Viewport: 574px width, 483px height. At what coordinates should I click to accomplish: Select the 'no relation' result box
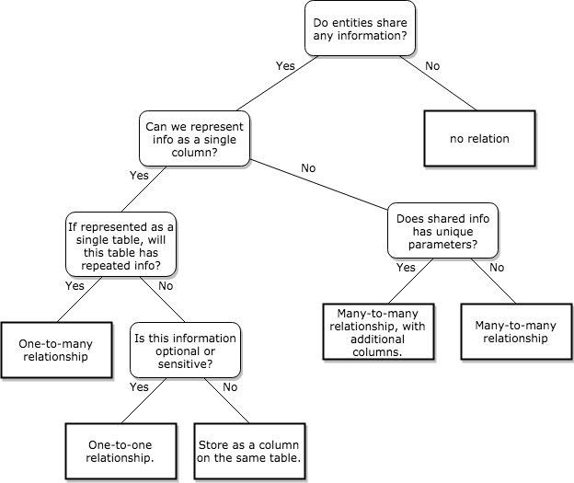coord(479,138)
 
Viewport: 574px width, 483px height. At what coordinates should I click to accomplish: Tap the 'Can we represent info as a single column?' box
coord(194,138)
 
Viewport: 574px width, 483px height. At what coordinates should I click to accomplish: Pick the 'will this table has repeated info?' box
coord(121,243)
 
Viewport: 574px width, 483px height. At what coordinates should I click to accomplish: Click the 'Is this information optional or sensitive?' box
coord(185,350)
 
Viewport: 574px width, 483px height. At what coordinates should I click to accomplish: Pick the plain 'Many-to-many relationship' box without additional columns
coord(511,332)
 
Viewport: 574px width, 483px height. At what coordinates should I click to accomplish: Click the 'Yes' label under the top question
coord(285,65)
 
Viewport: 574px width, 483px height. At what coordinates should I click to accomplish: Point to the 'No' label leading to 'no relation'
coord(432,65)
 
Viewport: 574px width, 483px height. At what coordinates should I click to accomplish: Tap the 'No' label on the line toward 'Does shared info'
coord(308,168)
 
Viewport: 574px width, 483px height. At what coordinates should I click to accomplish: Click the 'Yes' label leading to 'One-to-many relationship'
coord(75,285)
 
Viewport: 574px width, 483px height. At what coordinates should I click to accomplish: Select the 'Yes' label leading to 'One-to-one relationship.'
coord(140,387)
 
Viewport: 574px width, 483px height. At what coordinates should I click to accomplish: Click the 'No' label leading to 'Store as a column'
coord(229,387)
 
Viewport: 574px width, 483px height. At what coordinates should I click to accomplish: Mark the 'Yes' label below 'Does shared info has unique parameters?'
coord(405,268)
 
